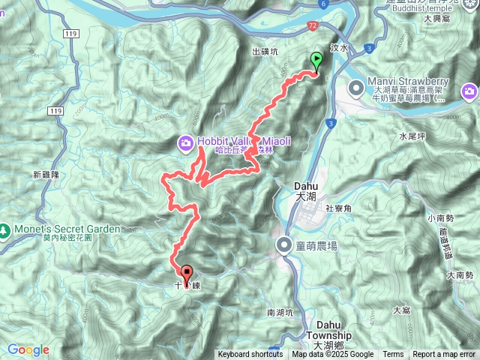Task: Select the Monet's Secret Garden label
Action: (x=66, y=229)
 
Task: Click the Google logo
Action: (x=28, y=349)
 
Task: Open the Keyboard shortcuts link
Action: (x=250, y=355)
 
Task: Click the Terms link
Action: (x=393, y=355)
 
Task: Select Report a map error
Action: (x=444, y=355)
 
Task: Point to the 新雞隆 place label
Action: (x=46, y=174)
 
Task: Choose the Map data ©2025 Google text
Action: (x=332, y=355)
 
